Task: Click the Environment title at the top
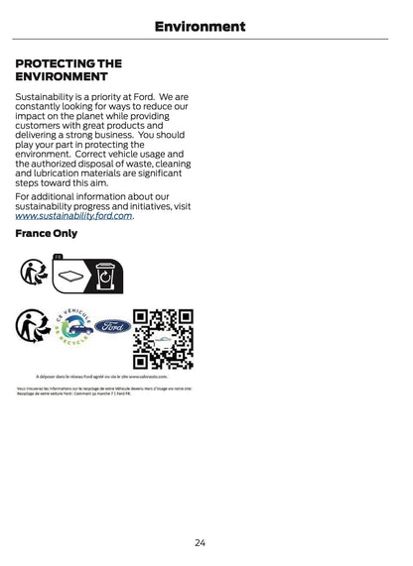pyautogui.click(x=200, y=27)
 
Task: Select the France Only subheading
pyautogui.click(x=47, y=234)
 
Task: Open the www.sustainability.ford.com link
pyautogui.click(x=73, y=215)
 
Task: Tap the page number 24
pyautogui.click(x=200, y=542)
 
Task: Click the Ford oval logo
pyautogui.click(x=113, y=326)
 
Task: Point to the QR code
pyautogui.click(x=163, y=339)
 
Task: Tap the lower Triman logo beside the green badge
pyautogui.click(x=32, y=325)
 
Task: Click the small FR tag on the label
pyautogui.click(x=58, y=257)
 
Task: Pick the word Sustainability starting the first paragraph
pyautogui.click(x=48, y=98)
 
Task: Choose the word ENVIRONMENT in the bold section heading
pyautogui.click(x=61, y=76)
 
